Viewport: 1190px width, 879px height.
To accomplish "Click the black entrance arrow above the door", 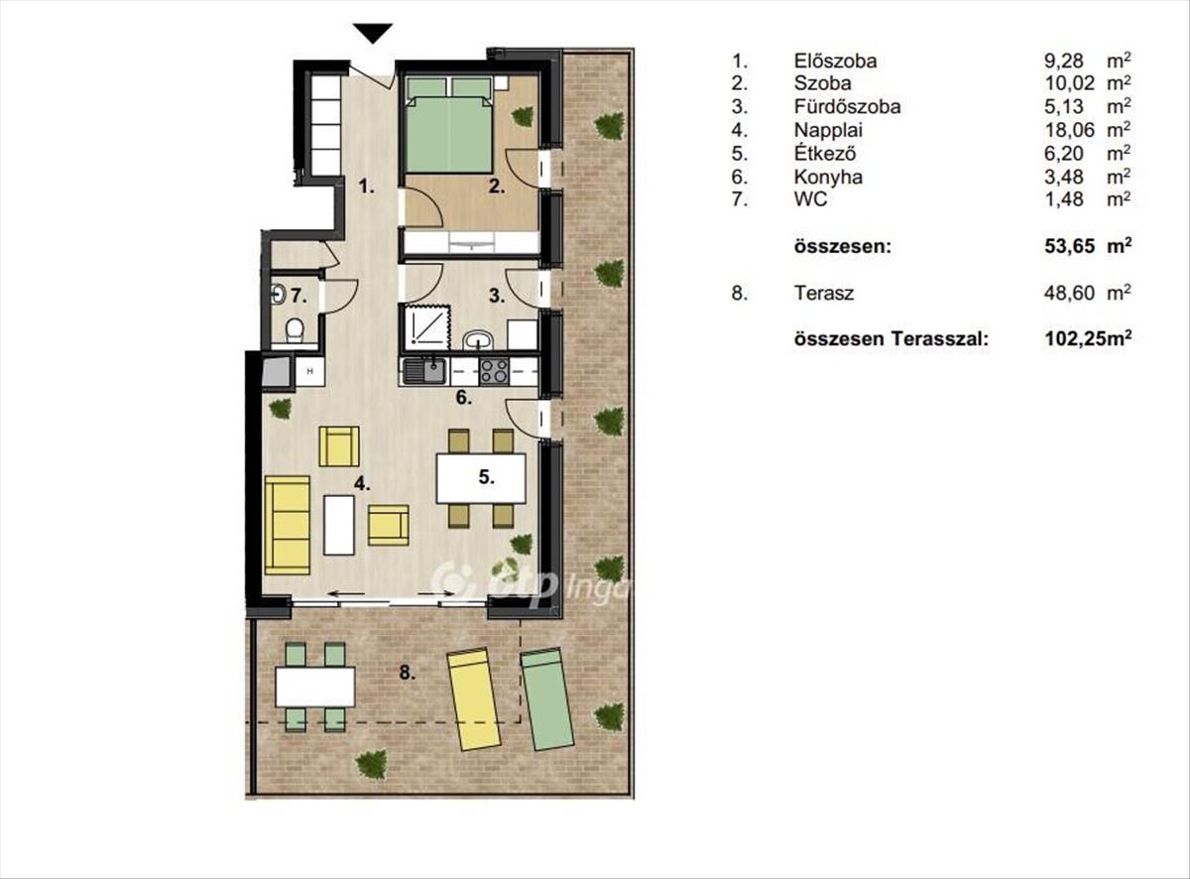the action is pyautogui.click(x=373, y=33).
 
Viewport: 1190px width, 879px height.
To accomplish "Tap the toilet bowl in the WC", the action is pyautogui.click(x=294, y=329).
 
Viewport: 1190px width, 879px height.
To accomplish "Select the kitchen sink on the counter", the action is pyautogui.click(x=424, y=372).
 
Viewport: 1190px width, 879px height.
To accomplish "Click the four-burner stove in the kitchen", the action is pyautogui.click(x=494, y=371).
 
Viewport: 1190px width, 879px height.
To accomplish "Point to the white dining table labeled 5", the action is pyautogui.click(x=481, y=478).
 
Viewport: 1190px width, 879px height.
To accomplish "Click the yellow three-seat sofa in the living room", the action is pyautogui.click(x=288, y=525).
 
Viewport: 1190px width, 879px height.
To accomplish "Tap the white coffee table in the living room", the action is pyautogui.click(x=339, y=525).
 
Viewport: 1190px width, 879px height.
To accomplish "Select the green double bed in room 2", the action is pyautogui.click(x=449, y=126).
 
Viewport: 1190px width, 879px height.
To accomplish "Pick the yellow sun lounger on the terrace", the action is pyautogui.click(x=474, y=699).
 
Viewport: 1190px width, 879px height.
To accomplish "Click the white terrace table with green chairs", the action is pyautogui.click(x=315, y=687).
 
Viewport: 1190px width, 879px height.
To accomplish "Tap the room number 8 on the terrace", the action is pyautogui.click(x=408, y=673).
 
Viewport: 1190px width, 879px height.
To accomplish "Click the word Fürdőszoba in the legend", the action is pyautogui.click(x=847, y=107).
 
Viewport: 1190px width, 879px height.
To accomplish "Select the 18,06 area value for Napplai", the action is pyautogui.click(x=1064, y=130).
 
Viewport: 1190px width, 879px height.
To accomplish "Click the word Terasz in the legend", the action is pyautogui.click(x=824, y=294).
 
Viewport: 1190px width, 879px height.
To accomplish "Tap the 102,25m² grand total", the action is pyautogui.click(x=1089, y=339).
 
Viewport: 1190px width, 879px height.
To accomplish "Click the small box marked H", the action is pyautogui.click(x=310, y=371).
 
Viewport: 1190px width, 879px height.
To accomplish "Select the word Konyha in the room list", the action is pyautogui.click(x=828, y=177).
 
